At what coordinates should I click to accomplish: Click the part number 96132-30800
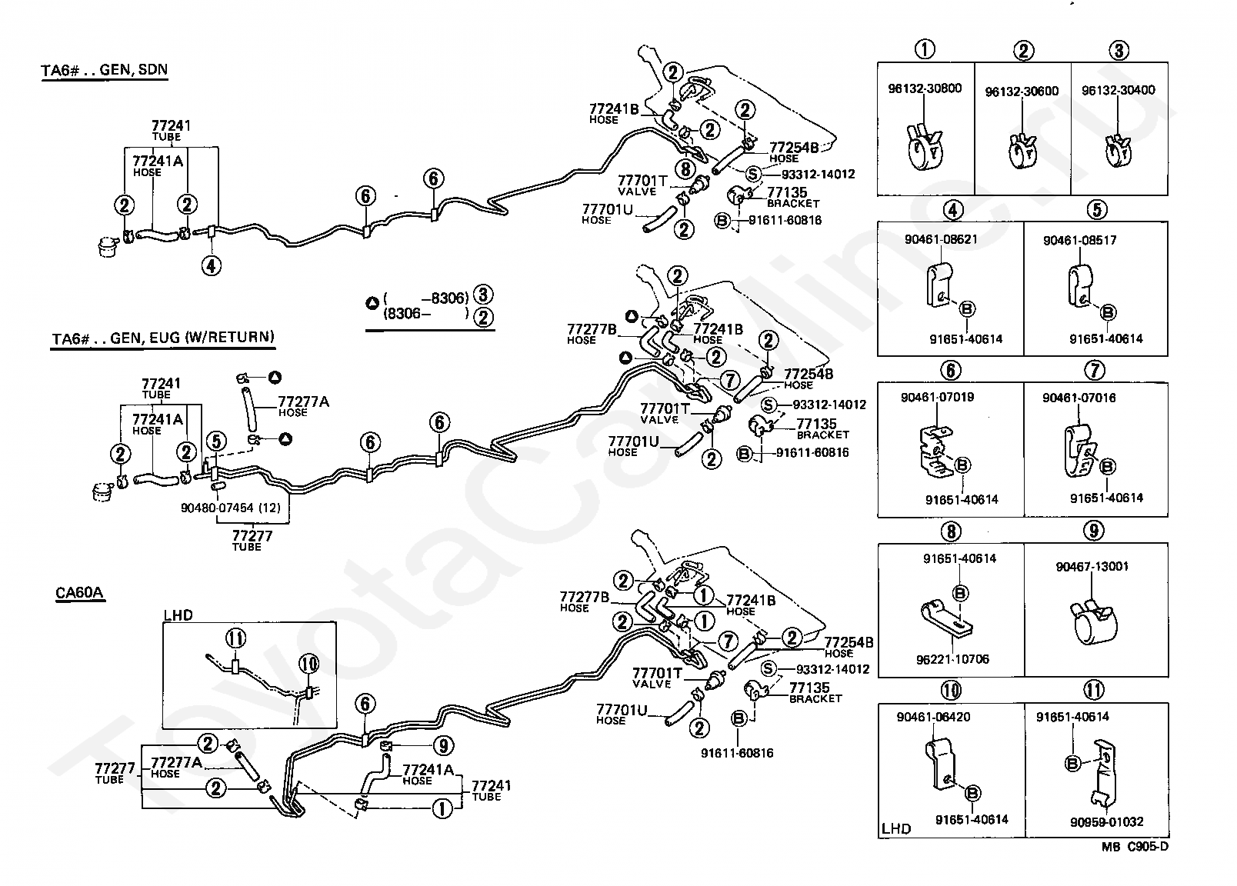tap(925, 88)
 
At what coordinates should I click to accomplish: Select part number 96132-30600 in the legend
tap(1022, 91)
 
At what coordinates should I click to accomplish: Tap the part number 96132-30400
tap(1119, 90)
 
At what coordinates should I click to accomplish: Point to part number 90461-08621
tap(941, 239)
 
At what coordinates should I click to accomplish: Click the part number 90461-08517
tap(1079, 240)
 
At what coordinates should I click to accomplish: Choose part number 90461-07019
tap(937, 397)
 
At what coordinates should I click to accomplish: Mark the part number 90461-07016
tap(1079, 398)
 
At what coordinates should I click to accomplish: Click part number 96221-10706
tap(952, 659)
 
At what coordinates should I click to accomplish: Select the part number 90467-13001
tap(1092, 566)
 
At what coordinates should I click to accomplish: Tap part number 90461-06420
tap(933, 717)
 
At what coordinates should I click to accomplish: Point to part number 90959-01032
tap(1107, 822)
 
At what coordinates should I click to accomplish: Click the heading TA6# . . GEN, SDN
tap(105, 70)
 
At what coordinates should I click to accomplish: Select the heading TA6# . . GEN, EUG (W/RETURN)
tap(163, 338)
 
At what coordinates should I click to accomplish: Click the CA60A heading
tap(79, 592)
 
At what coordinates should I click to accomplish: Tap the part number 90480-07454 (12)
tap(231, 508)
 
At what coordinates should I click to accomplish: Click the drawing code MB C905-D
tap(1135, 846)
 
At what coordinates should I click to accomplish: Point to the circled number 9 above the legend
tap(1094, 531)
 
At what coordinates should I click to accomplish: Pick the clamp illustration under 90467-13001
tap(1093, 624)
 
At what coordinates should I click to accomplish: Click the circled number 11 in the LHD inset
tap(236, 638)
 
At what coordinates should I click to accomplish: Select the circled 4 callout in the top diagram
tap(211, 266)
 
